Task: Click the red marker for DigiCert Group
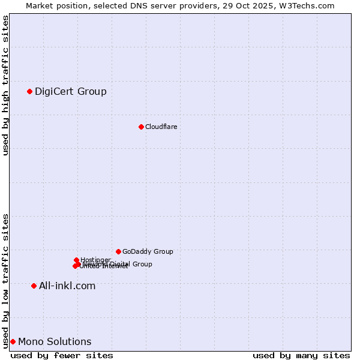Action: tap(29, 91)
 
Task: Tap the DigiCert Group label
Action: tap(71, 91)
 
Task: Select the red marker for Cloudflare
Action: tap(141, 127)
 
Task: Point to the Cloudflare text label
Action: tap(161, 127)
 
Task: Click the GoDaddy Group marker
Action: tap(118, 251)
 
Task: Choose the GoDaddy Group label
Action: tap(148, 251)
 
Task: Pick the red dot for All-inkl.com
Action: tap(34, 286)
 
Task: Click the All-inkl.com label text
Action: tap(67, 286)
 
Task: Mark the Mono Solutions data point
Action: tap(13, 341)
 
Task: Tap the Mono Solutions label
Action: tap(55, 342)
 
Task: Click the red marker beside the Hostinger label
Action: tap(76, 260)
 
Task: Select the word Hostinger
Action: tap(96, 259)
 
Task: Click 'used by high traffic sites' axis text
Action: tap(6, 85)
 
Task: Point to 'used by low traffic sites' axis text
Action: tap(6, 280)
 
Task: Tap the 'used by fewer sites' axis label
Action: tap(62, 355)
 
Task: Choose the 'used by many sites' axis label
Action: tap(301, 355)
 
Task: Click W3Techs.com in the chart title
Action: tap(309, 5)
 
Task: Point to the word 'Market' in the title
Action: tap(39, 5)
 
